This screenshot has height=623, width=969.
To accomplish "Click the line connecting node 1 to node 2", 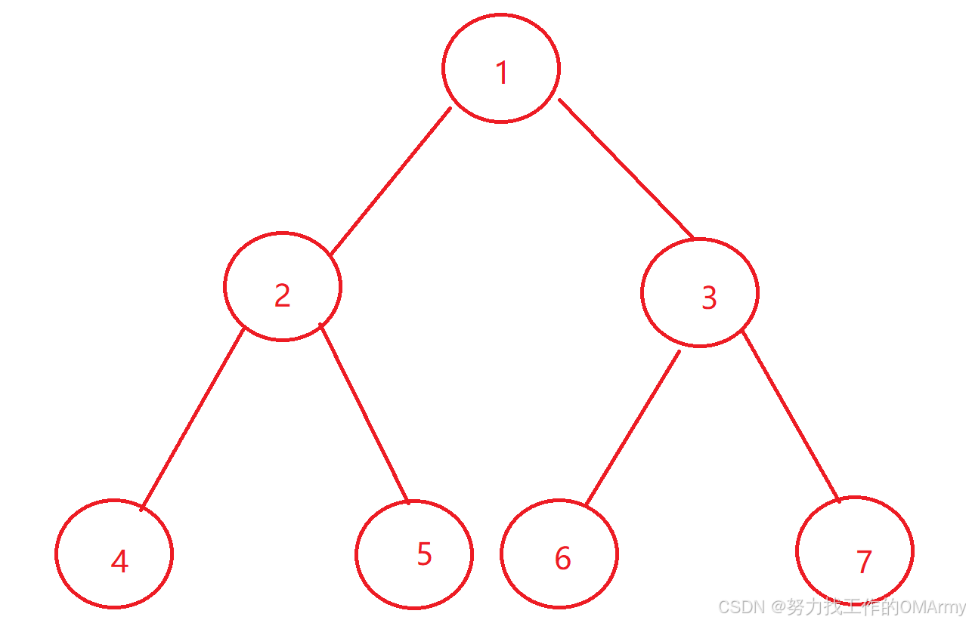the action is [x=391, y=181].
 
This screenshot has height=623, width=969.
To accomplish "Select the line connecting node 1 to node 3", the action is [x=626, y=168].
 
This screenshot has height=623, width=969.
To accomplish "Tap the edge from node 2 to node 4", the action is [x=193, y=419].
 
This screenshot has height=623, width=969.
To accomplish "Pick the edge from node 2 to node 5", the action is [x=364, y=413].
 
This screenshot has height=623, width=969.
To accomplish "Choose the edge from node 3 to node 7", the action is [x=791, y=417].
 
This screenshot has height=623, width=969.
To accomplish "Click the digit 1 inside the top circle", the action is [x=501, y=73].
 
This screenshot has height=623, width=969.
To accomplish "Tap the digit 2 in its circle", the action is [x=282, y=295].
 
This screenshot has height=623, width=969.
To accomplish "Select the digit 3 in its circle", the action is [x=708, y=298].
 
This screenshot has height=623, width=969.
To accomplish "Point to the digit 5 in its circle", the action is [x=424, y=554].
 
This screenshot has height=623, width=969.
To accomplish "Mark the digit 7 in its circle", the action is [x=864, y=561].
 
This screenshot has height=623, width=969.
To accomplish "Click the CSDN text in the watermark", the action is [x=740, y=607].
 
